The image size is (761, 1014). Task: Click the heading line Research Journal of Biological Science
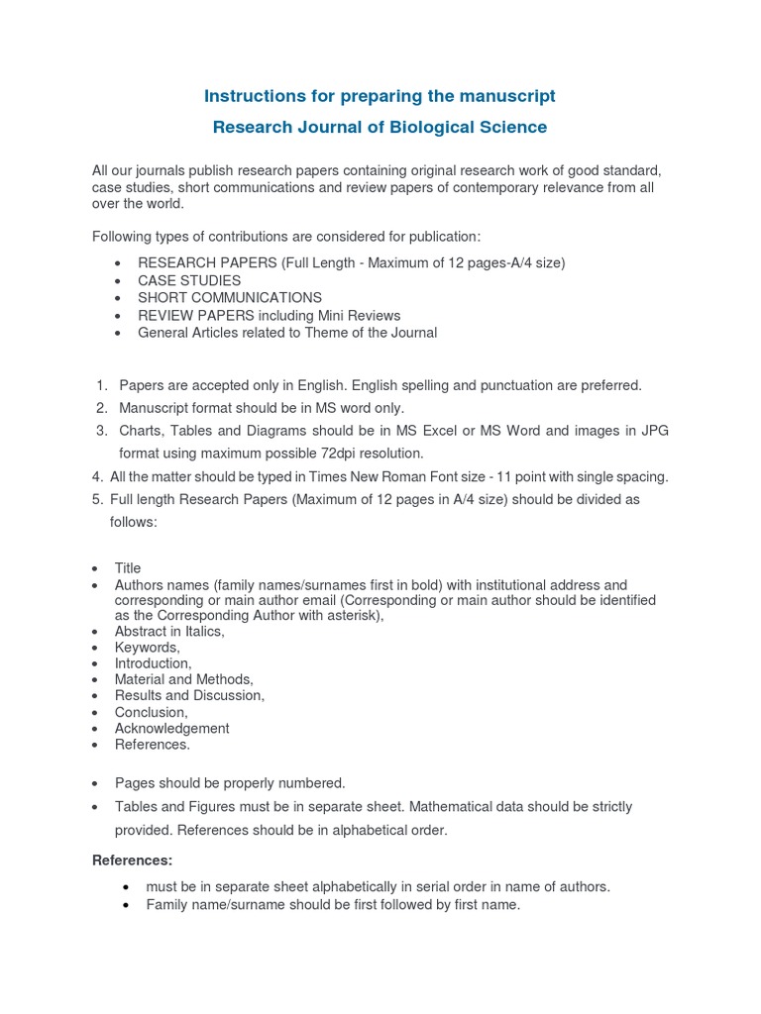[x=380, y=128]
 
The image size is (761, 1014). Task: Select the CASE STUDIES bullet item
[x=189, y=281]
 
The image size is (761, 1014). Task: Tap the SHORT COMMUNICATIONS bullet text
[x=230, y=297]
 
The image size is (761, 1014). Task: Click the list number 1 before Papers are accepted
[x=101, y=385]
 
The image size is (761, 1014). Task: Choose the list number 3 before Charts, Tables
[x=101, y=431]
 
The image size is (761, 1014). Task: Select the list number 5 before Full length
[x=96, y=500]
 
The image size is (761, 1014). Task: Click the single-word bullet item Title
[x=128, y=568]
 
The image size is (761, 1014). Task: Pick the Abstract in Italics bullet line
[x=169, y=632]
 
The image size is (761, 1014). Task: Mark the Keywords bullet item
[x=147, y=648]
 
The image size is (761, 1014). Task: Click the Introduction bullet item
[x=153, y=663]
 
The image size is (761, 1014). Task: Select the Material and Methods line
[x=184, y=679]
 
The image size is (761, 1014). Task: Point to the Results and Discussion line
[x=189, y=696]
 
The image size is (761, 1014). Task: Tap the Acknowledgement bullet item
[x=171, y=729]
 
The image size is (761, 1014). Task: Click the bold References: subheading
[x=132, y=860]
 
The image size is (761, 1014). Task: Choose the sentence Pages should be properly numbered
[x=230, y=783]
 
